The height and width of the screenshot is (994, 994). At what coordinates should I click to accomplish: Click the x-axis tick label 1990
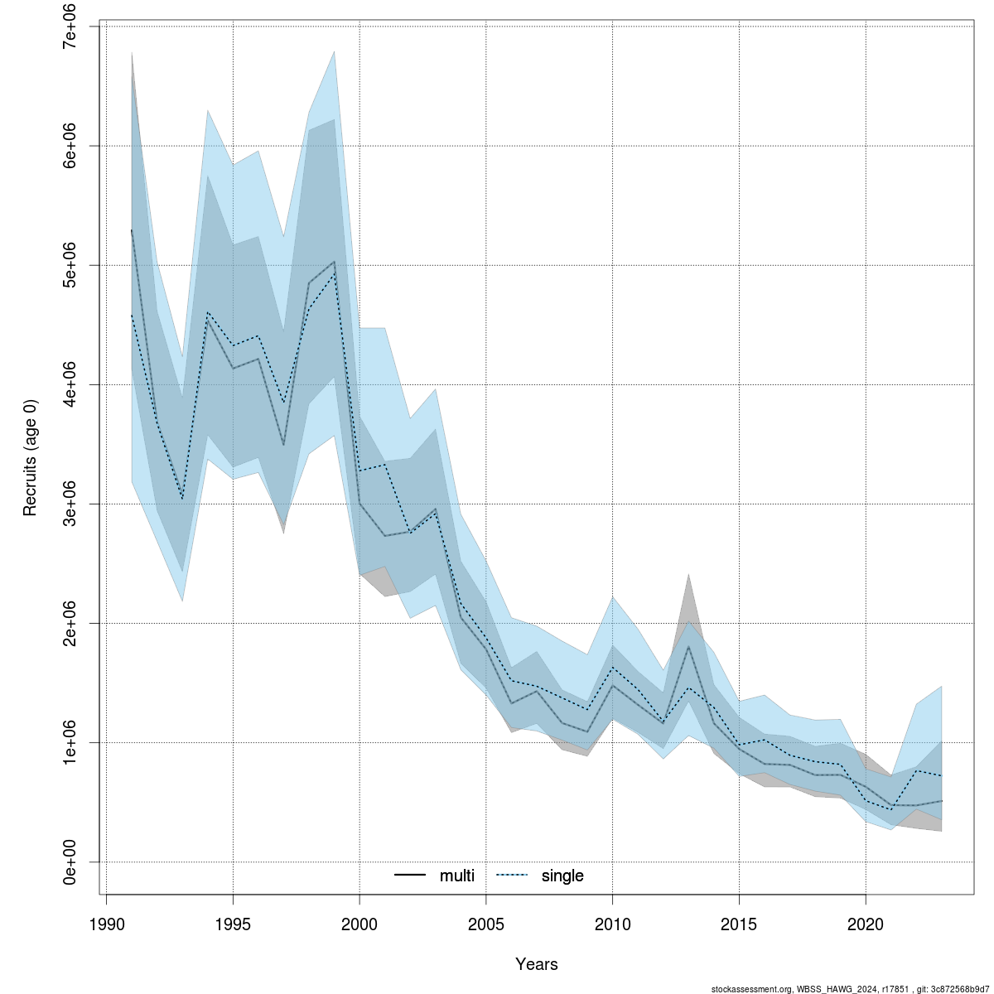point(106,924)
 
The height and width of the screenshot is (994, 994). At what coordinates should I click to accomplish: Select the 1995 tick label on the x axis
point(233,924)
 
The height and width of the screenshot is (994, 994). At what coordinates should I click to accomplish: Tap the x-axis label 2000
point(359,924)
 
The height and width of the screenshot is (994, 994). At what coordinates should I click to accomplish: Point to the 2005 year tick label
point(486,924)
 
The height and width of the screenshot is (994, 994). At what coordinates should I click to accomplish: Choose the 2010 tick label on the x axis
point(612,924)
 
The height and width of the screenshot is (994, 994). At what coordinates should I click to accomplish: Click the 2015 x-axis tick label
point(739,924)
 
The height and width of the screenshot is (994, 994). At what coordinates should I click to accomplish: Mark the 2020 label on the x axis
point(866,924)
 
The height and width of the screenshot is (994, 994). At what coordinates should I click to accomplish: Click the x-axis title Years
point(537,964)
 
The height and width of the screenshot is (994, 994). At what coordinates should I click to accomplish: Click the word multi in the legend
point(457,876)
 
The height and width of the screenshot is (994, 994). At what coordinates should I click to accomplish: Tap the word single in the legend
point(562,876)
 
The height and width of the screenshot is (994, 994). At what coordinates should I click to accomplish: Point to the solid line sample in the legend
point(410,876)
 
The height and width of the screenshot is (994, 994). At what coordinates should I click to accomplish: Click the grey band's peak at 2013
point(688,574)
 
